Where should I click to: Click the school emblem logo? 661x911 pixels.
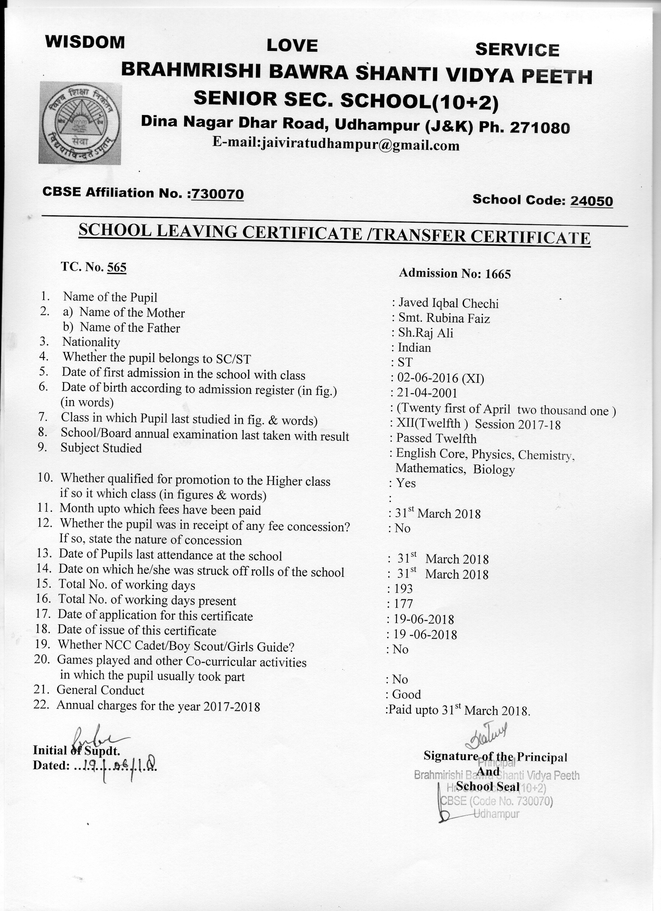[80, 123]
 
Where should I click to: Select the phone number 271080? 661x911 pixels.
[540, 128]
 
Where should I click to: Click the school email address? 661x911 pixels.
[336, 144]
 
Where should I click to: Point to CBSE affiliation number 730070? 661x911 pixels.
[217, 194]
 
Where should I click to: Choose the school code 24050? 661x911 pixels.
[592, 201]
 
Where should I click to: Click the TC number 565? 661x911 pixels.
[117, 268]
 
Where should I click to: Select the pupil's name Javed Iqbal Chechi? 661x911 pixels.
[448, 304]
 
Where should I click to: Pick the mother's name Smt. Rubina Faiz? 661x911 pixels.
[444, 318]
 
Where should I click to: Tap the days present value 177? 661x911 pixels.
[403, 604]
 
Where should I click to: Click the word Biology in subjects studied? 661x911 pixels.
[493, 469]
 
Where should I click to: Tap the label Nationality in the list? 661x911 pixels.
[91, 342]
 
